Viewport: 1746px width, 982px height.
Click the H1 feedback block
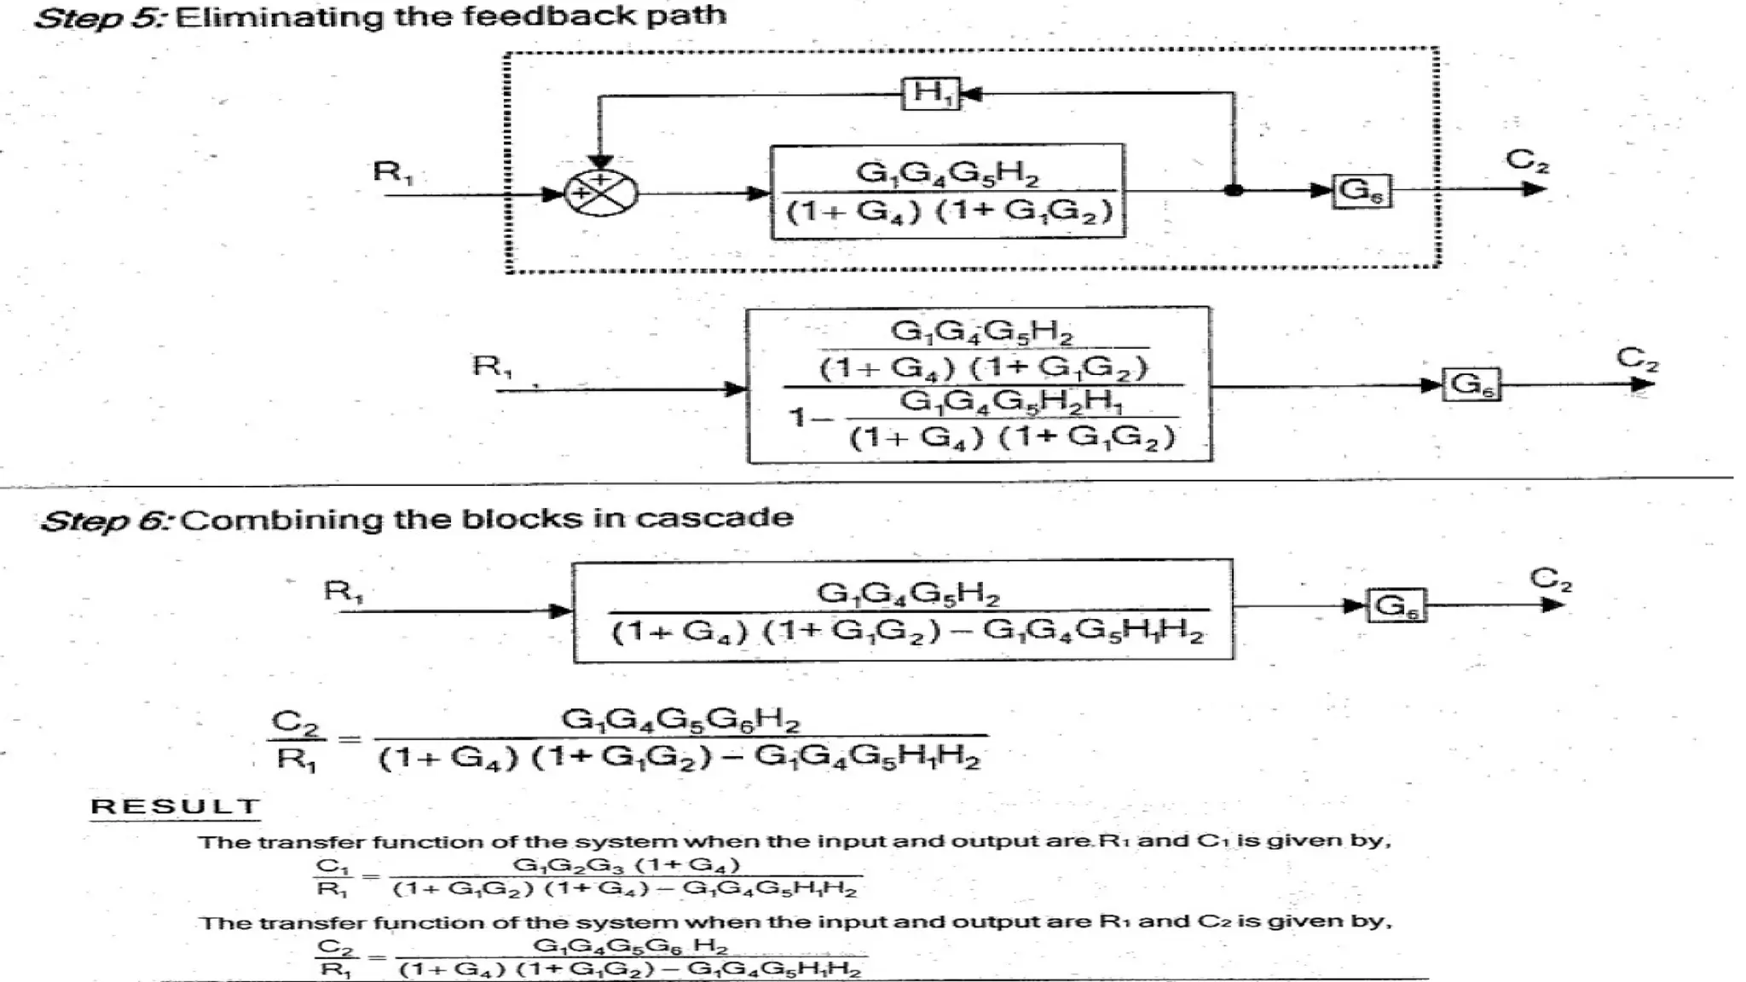(x=931, y=93)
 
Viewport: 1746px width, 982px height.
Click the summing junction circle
(x=601, y=192)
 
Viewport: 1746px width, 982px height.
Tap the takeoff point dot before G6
(x=1233, y=190)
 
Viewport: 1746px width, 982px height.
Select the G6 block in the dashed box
(x=1362, y=190)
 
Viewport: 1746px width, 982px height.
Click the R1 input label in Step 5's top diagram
(x=393, y=172)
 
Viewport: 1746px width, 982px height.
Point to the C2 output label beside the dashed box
(x=1526, y=159)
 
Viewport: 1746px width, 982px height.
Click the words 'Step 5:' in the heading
(x=101, y=17)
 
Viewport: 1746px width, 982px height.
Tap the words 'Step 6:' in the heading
(x=108, y=520)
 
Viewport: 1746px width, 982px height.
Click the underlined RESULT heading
(x=175, y=806)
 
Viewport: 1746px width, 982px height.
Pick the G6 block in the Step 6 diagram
(x=1396, y=606)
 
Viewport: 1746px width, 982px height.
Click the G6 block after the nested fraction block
(x=1471, y=384)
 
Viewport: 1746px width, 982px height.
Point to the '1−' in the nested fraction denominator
(x=806, y=417)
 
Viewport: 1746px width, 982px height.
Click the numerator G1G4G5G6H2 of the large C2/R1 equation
(x=680, y=719)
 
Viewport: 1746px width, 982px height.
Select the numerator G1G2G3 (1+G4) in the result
(x=626, y=865)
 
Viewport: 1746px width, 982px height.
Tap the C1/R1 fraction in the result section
(x=332, y=877)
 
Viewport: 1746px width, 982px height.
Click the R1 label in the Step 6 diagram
(x=343, y=590)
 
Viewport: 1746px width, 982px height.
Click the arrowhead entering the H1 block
(x=970, y=93)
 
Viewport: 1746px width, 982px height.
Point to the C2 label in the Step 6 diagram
(x=1550, y=579)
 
